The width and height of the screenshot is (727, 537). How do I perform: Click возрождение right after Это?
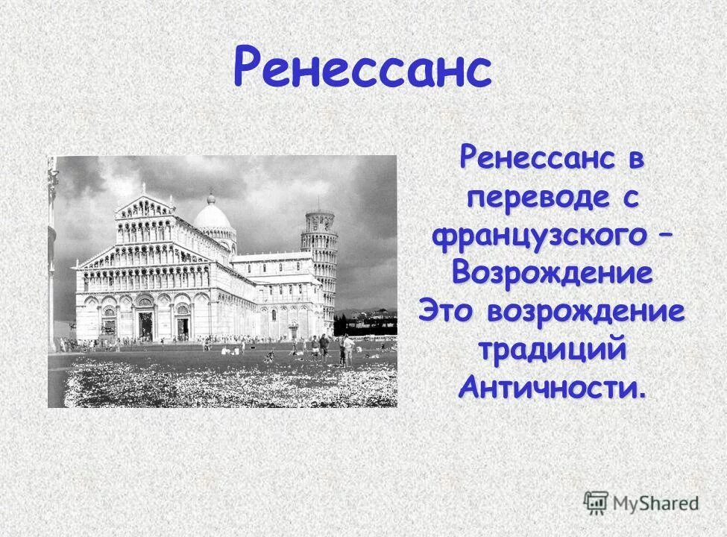pyautogui.click(x=585, y=312)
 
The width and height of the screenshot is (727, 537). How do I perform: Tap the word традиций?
pyautogui.click(x=552, y=350)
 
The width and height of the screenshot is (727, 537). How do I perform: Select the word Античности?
pyautogui.click(x=550, y=388)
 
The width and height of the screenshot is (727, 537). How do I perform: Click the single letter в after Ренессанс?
pyautogui.click(x=635, y=160)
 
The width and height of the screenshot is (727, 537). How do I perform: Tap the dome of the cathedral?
pyautogui.click(x=213, y=216)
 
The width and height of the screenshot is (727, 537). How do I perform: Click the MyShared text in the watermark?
pyautogui.click(x=655, y=503)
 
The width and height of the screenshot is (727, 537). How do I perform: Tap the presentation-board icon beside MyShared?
pyautogui.click(x=596, y=501)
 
